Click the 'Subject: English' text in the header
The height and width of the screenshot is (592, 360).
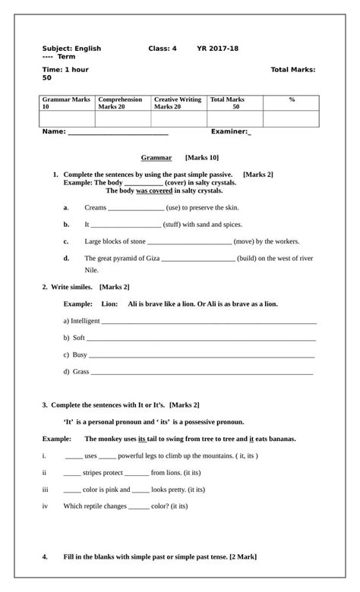click(x=71, y=49)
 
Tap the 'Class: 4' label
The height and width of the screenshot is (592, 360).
click(x=162, y=49)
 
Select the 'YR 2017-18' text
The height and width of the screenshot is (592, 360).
click(x=217, y=49)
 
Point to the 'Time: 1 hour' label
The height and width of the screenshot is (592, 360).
click(x=65, y=69)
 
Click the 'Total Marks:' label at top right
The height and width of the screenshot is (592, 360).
click(x=293, y=69)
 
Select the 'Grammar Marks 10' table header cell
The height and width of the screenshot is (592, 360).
click(x=66, y=103)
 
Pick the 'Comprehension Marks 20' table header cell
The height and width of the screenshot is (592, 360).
click(x=122, y=103)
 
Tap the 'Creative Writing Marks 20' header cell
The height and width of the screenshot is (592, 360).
click(x=178, y=103)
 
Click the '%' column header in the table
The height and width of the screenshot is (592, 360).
click(x=292, y=99)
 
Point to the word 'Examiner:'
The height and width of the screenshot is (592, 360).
click(x=229, y=131)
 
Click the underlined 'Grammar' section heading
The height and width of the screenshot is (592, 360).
click(x=156, y=158)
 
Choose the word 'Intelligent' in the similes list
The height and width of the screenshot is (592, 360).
click(x=85, y=321)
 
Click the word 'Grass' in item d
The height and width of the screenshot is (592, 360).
click(x=81, y=372)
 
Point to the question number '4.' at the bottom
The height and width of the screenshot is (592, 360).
click(x=46, y=556)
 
